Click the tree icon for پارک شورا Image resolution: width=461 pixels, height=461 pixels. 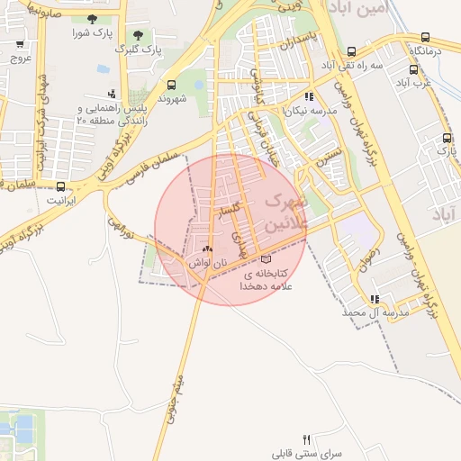click(93, 19)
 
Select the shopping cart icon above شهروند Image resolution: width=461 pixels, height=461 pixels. click(172, 81)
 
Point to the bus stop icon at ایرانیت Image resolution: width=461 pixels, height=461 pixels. click(60, 186)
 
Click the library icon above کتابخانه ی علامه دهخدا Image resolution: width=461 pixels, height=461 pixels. click(264, 258)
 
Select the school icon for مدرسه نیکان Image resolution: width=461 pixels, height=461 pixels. click(310, 96)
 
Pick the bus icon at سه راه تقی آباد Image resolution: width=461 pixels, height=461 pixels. click(351, 51)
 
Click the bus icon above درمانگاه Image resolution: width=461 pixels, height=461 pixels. click(425, 38)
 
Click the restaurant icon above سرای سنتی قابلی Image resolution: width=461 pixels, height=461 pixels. click(307, 440)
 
